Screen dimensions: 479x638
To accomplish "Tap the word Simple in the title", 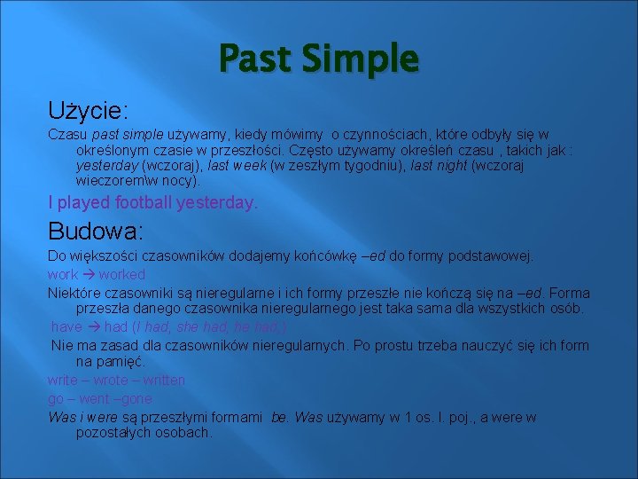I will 359,59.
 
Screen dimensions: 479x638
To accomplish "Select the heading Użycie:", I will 88,111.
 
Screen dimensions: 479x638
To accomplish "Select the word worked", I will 122,275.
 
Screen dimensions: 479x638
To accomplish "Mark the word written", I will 162,381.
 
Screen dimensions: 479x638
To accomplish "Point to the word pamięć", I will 120,362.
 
